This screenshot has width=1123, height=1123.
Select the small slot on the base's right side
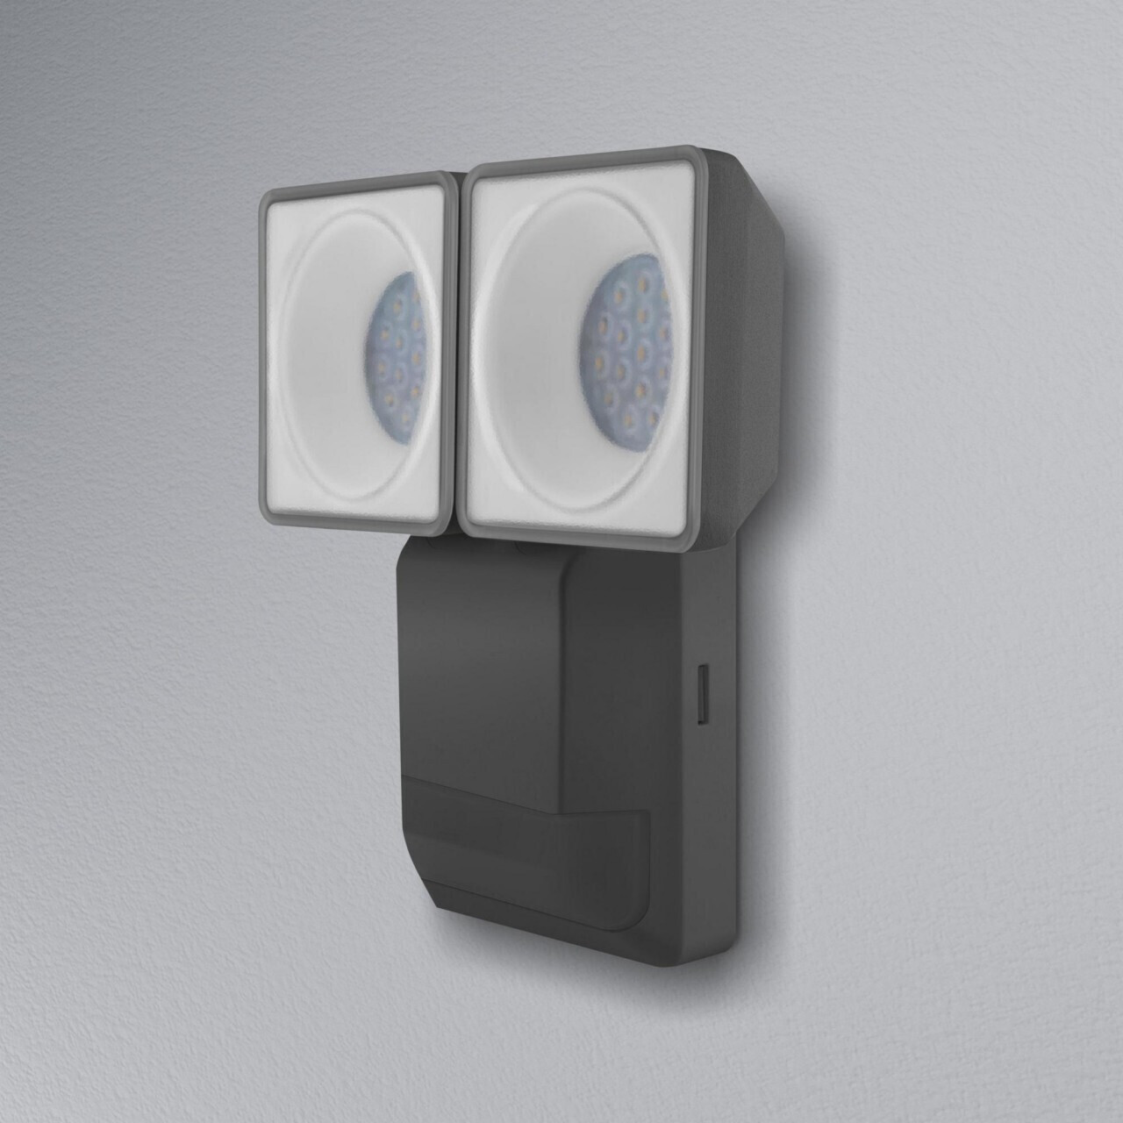[x=703, y=694]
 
